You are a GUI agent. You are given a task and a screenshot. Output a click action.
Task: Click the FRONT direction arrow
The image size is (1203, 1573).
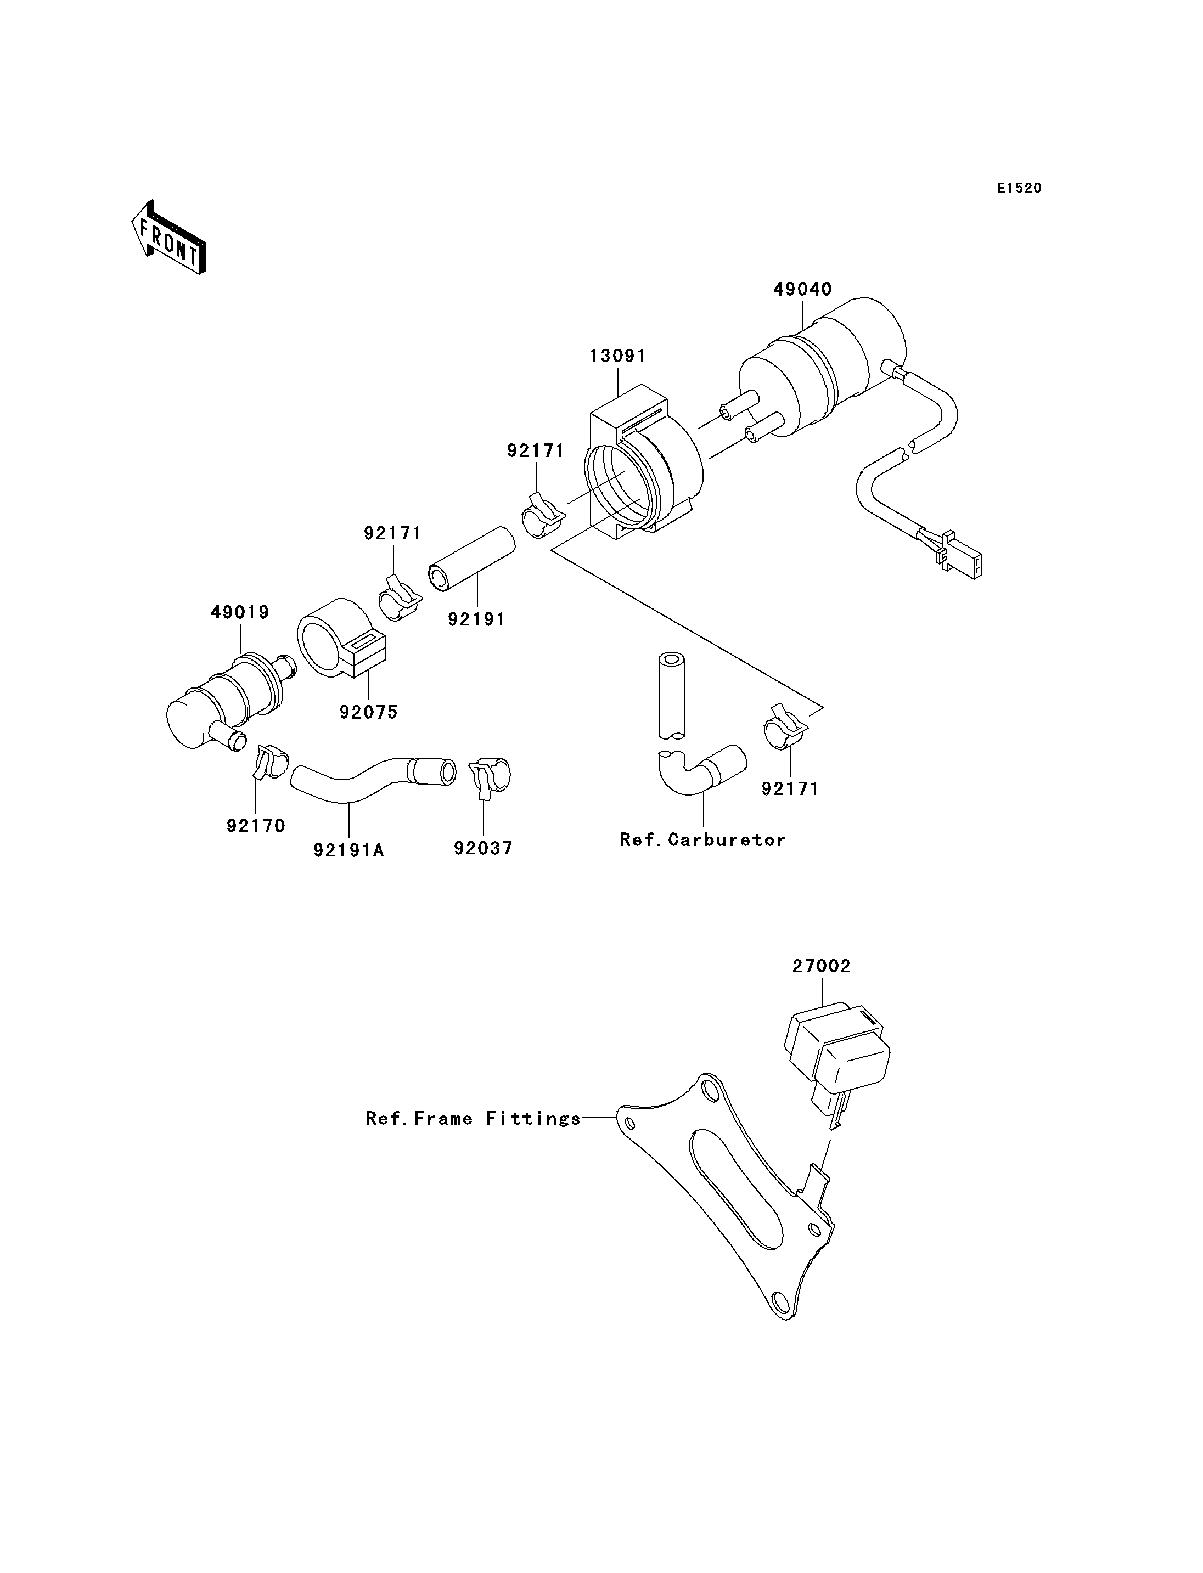click(x=169, y=238)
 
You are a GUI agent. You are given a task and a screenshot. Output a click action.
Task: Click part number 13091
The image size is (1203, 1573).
click(x=617, y=356)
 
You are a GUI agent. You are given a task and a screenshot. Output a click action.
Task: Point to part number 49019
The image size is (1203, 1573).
click(x=240, y=612)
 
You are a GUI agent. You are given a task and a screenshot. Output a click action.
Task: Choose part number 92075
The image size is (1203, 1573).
click(x=369, y=712)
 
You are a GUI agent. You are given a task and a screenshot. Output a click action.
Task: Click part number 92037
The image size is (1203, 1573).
click(x=484, y=848)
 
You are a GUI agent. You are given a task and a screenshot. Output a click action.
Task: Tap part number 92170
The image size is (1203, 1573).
click(x=256, y=826)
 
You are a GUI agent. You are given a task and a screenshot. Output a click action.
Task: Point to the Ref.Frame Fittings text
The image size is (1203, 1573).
click(x=473, y=1118)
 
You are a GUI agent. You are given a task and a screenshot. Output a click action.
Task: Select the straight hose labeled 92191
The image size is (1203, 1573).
click(x=472, y=560)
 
